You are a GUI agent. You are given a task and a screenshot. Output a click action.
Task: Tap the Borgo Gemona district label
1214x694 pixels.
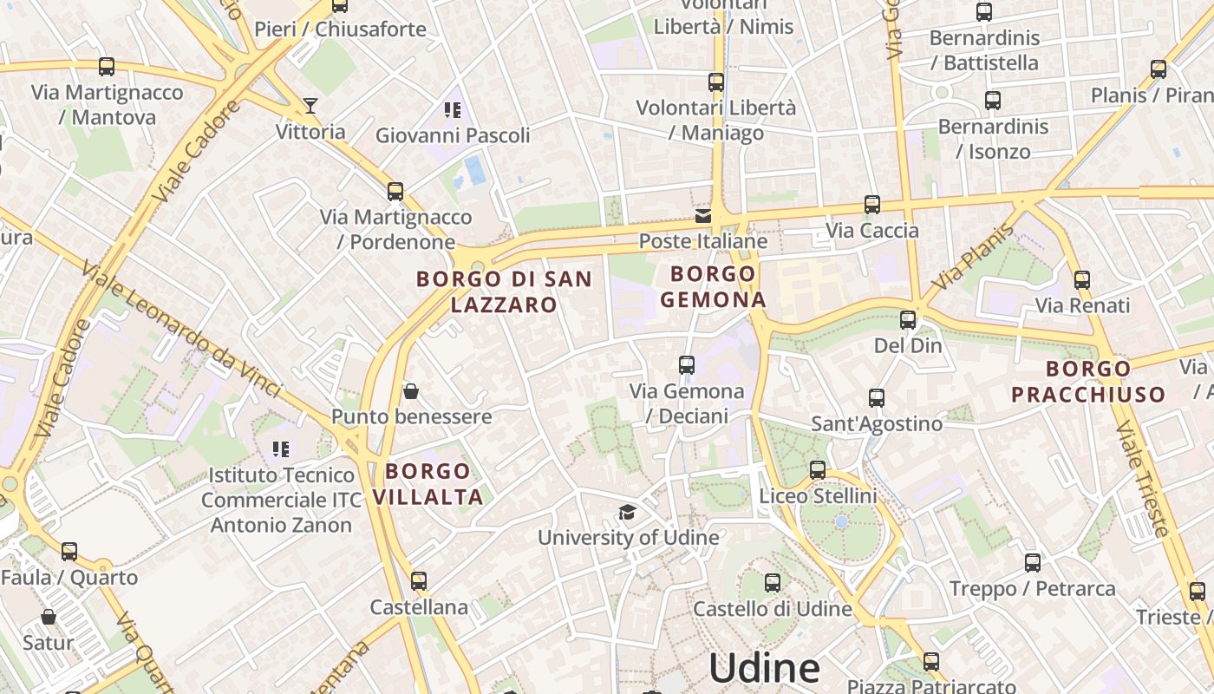pos(713,287)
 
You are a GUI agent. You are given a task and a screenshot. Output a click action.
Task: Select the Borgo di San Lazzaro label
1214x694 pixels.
pos(504,291)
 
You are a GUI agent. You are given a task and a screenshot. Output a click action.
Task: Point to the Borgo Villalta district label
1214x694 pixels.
pos(428,484)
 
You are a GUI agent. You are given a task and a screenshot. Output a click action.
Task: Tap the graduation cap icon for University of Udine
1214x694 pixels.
pos(627,513)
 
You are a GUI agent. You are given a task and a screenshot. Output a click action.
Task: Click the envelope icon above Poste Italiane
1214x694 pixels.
pos(703,215)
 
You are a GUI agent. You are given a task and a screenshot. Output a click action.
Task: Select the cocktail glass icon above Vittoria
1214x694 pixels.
pos(310,107)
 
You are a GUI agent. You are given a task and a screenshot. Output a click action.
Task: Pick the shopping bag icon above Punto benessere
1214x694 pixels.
pos(411,391)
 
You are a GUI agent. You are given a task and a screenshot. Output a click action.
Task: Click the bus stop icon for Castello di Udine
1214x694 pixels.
pos(772,583)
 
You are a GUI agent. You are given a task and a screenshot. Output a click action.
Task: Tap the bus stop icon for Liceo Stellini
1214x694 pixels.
pos(818,470)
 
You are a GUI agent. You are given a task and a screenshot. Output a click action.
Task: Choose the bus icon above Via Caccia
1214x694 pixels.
pos(872,205)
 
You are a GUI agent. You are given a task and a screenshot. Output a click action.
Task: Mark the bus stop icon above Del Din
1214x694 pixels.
pos(908,320)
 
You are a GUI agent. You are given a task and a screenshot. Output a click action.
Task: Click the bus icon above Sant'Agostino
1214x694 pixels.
pos(877,398)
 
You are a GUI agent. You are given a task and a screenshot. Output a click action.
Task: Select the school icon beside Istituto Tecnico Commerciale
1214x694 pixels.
pos(281,448)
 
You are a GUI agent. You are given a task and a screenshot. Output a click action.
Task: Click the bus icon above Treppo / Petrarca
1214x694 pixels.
pos(1032,563)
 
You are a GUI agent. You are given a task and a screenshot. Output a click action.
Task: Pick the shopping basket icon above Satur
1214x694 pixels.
pos(49,617)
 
